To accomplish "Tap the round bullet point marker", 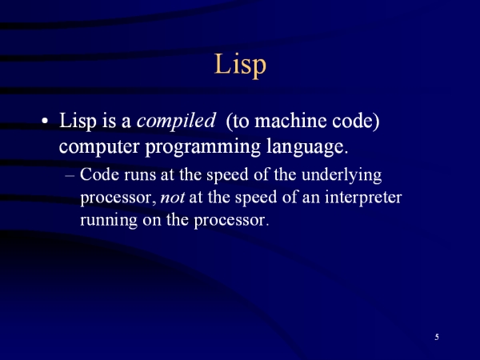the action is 45,121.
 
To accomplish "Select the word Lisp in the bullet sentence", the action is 78,122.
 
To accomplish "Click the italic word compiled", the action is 176,122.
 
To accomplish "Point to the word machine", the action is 290,121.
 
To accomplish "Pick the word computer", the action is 99,147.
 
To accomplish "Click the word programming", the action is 202,147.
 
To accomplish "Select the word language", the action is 307,147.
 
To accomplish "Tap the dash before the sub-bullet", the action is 70,176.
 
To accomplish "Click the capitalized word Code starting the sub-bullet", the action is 99,174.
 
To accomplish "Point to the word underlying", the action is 342,175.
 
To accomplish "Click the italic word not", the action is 172,198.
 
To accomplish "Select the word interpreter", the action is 363,198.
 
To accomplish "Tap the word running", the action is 109,221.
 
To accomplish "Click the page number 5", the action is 437,337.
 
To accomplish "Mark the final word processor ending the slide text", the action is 231,221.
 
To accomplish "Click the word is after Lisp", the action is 109,121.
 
